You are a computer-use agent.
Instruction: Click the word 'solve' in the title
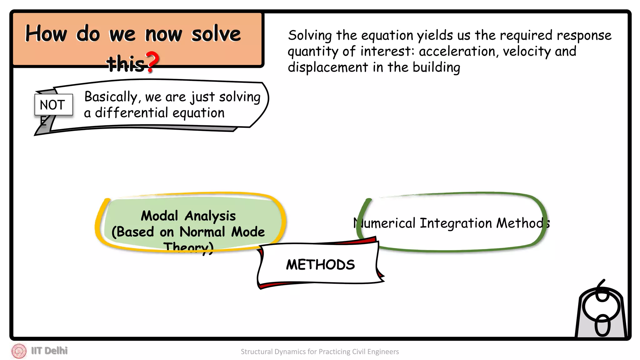(x=216, y=34)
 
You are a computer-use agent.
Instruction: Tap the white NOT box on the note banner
(x=53, y=105)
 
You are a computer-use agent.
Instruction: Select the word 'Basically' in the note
(x=111, y=97)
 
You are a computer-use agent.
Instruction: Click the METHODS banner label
(x=320, y=265)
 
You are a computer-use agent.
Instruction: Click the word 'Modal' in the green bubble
(x=159, y=216)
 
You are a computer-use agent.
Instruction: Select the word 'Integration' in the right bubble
(x=456, y=223)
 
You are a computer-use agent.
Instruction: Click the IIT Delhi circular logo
(x=19, y=351)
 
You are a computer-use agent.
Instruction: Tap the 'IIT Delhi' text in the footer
(x=49, y=351)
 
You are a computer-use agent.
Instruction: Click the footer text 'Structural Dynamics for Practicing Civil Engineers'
(x=320, y=352)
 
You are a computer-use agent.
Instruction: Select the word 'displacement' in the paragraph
(x=328, y=67)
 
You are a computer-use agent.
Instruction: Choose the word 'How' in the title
(x=46, y=34)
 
